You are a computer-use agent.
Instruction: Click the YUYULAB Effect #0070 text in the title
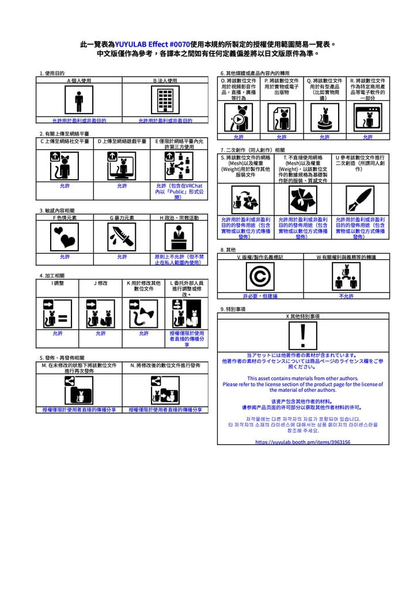152,44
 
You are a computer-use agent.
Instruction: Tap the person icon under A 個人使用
79,101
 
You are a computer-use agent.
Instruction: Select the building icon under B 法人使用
165,101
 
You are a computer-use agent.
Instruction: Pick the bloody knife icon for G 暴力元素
122,237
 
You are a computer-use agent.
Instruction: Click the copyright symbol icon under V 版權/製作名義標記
260,277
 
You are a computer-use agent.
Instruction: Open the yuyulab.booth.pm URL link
303,442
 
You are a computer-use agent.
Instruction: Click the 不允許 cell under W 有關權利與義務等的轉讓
346,296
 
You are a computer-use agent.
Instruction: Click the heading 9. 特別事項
233,309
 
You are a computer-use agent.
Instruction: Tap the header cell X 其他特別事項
303,316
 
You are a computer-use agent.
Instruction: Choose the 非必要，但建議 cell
260,296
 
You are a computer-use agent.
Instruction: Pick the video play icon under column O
238,118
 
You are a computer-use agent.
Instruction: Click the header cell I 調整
58,283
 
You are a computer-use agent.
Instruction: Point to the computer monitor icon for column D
122,167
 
